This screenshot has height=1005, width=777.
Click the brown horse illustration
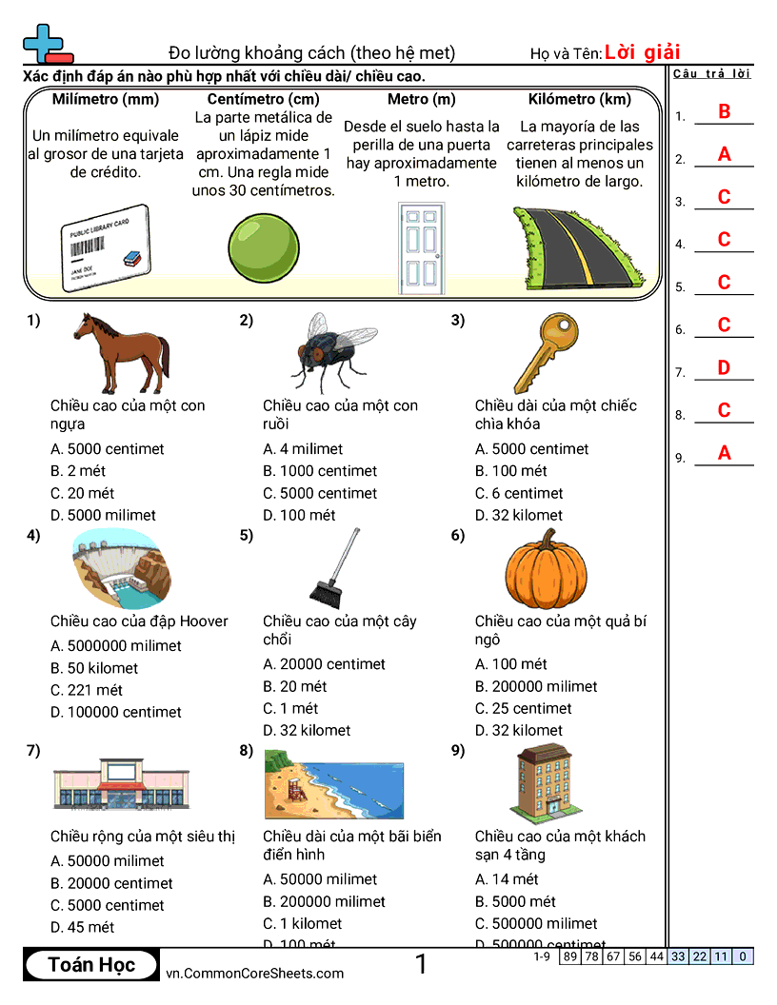(121, 353)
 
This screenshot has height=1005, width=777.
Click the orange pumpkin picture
(549, 568)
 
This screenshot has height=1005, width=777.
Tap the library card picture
(105, 246)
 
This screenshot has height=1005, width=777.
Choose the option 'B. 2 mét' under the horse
(78, 471)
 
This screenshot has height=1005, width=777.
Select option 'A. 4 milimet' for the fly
(303, 449)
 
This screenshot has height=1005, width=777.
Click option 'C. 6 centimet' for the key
(519, 493)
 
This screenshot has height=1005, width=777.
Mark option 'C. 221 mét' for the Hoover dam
(87, 690)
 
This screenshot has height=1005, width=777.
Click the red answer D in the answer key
(724, 367)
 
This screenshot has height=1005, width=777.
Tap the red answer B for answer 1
(724, 111)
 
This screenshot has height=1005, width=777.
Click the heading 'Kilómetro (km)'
(579, 99)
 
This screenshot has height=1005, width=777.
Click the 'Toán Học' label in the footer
(91, 965)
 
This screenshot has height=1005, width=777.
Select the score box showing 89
(569, 956)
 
